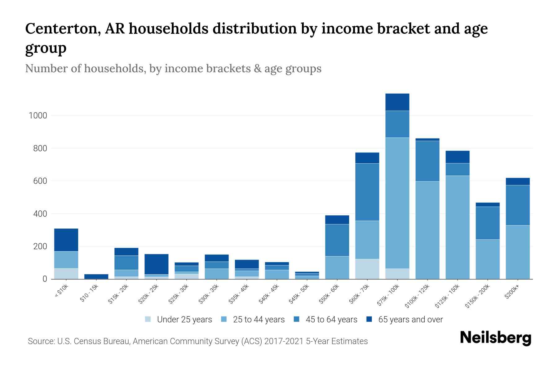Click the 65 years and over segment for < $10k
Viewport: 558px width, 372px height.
[66, 240]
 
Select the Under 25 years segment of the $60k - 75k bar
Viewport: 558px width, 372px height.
[367, 269]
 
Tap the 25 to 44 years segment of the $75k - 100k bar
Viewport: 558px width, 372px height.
[397, 203]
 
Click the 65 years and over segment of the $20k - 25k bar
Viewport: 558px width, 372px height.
[157, 264]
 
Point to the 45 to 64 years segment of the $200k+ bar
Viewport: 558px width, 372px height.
[517, 205]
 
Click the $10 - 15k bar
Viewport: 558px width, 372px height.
[96, 276]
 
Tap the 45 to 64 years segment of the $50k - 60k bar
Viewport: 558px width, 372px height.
[337, 240]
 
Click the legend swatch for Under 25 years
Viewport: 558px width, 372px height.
[148, 319]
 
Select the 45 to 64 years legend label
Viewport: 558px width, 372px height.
[331, 319]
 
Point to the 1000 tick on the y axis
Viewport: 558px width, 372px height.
[38, 116]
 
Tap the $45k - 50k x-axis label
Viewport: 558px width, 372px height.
[299, 294]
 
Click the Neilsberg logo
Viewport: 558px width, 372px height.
[495, 338]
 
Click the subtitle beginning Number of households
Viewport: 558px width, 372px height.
[173, 68]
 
